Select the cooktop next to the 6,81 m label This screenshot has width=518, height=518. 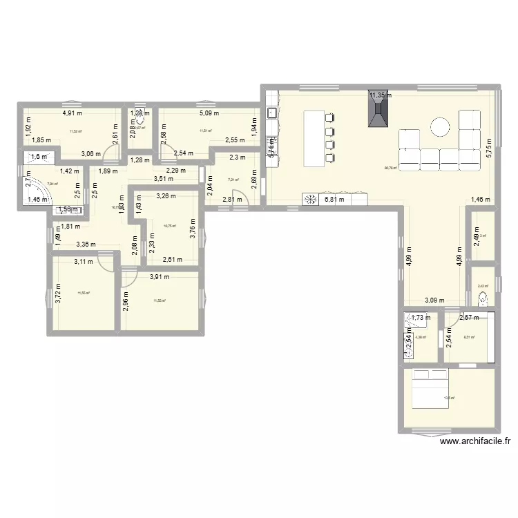tap(309, 200)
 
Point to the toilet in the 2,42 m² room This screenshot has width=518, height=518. tap(483, 298)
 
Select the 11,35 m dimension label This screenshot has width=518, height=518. tap(379, 96)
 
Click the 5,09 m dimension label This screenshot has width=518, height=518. tap(209, 113)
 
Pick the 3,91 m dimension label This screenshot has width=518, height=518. tap(160, 277)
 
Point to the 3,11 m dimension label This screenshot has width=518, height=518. tap(85, 261)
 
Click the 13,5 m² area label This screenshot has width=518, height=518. tap(449, 398)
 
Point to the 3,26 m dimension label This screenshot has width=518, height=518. tap(166, 195)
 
